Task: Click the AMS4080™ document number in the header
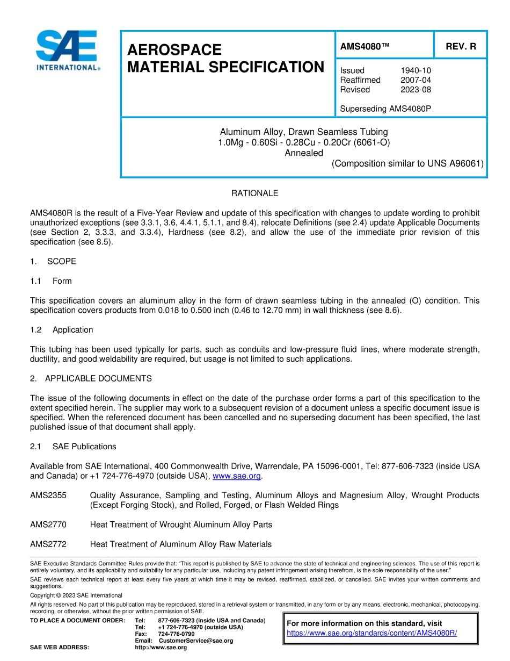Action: [365, 47]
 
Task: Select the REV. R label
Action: [461, 47]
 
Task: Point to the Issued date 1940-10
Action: [416, 70]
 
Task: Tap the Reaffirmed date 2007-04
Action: [416, 80]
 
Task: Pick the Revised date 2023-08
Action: [416, 90]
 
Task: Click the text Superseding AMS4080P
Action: [385, 109]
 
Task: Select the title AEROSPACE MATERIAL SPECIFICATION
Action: [225, 59]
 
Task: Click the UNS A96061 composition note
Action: [407, 163]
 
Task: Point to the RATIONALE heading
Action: [254, 193]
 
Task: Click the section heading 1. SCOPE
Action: [53, 261]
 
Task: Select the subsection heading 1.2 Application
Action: [62, 329]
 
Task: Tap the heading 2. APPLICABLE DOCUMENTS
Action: [91, 378]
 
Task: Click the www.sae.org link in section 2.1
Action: [237, 476]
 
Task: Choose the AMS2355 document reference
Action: [48, 495]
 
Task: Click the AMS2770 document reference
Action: [48, 525]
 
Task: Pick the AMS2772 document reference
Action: [48, 544]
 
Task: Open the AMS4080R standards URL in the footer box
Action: [371, 633]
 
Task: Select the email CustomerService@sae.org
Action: [196, 641]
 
